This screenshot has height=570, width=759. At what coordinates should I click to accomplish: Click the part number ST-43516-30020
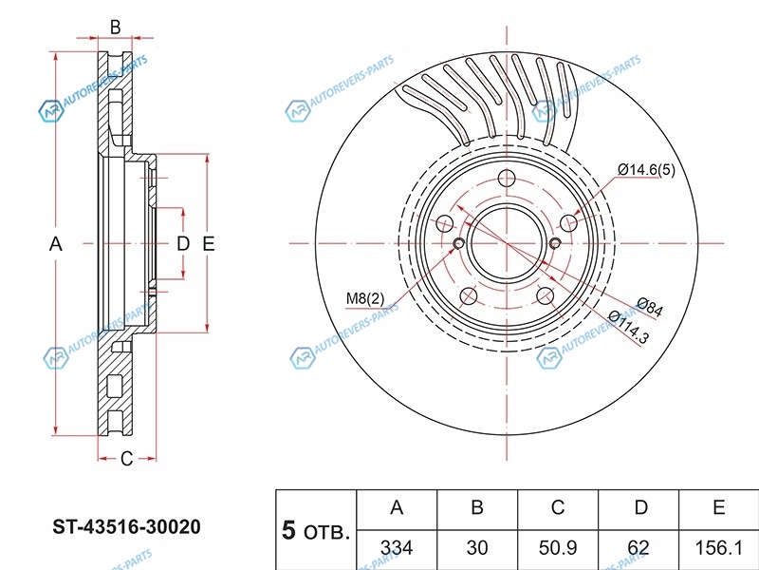tap(126, 526)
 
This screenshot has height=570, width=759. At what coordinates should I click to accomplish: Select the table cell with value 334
tap(396, 548)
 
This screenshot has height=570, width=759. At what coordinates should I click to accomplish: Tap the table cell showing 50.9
tap(559, 548)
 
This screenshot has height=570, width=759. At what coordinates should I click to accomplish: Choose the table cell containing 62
tap(640, 548)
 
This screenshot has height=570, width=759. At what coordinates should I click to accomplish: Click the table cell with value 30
tap(477, 548)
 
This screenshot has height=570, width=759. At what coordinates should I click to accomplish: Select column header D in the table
tap(640, 508)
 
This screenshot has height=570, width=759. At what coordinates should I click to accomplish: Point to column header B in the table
tap(477, 508)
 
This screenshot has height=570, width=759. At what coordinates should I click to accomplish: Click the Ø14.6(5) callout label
tap(647, 169)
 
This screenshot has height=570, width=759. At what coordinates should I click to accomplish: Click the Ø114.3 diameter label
tap(627, 328)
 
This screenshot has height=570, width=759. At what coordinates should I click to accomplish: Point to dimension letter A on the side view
tap(56, 244)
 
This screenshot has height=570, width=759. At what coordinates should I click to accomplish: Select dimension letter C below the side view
tap(126, 460)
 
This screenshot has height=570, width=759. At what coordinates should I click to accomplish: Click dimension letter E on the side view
tap(210, 244)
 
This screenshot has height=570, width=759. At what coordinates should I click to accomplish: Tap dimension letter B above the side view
tap(115, 28)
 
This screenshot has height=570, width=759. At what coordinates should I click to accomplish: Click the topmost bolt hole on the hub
tap(506, 177)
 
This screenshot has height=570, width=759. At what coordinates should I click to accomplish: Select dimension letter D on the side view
tap(183, 244)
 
